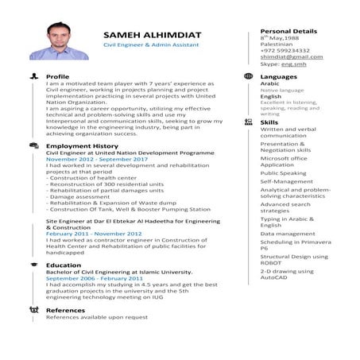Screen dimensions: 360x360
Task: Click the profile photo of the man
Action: [53, 41]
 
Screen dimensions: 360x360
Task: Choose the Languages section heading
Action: [278, 76]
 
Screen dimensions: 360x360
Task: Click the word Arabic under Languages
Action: [269, 83]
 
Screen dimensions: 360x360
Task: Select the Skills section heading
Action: [269, 122]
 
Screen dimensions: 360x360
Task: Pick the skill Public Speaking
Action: [282, 172]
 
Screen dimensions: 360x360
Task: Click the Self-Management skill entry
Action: [286, 181]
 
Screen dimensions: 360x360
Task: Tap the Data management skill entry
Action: [287, 234]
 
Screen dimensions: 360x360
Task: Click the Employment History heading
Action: [82, 146]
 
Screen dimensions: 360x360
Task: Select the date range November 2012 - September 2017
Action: [96, 159]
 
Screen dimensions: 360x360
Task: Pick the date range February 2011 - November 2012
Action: [93, 234]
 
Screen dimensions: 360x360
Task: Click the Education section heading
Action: [64, 265]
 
